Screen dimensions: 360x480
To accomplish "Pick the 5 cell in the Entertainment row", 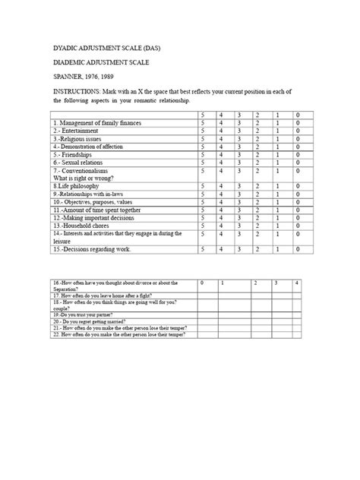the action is tap(202, 131).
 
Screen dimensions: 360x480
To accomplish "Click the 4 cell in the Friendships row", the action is tap(220, 155).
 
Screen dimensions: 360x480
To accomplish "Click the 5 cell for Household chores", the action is tap(202, 226).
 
